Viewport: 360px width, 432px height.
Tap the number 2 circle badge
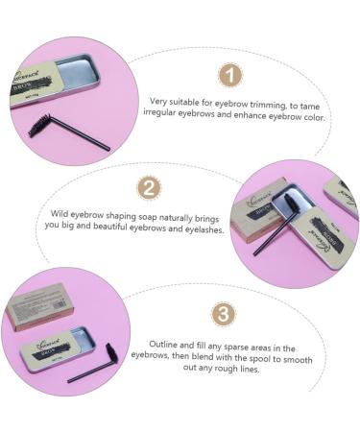click(x=150, y=188)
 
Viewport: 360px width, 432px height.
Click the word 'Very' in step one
click(x=158, y=101)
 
